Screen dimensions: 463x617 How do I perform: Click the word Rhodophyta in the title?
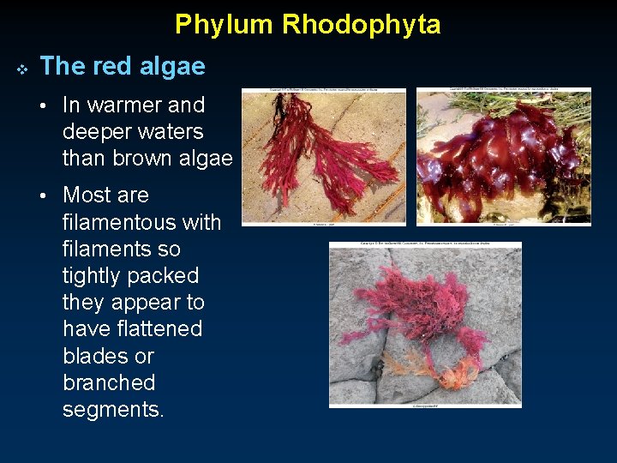coord(361,24)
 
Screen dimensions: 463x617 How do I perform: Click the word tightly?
coord(99,276)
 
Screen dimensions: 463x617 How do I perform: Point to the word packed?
coord(170,276)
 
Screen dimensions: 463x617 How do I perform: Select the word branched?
coord(109,382)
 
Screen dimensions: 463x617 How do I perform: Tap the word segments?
coord(111,410)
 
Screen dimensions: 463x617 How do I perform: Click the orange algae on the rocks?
coord(428,364)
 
